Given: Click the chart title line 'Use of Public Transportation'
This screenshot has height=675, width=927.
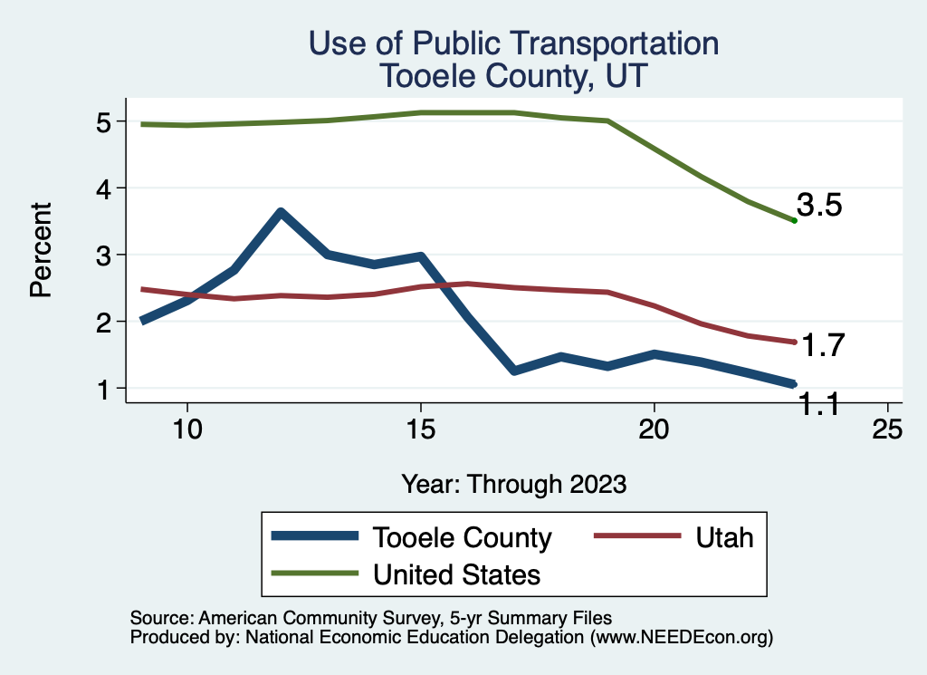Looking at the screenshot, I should point(514,43).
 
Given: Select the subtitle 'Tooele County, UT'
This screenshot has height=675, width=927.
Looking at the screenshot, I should point(514,74).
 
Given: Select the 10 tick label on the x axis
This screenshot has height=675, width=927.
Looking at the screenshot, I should point(186,429).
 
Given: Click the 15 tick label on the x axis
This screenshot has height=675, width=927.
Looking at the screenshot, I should point(420,429).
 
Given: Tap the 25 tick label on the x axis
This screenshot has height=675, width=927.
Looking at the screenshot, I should point(887,429).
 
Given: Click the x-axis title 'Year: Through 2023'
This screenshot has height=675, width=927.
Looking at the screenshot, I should point(514,484).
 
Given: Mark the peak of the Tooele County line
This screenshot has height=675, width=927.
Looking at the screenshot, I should point(281,213).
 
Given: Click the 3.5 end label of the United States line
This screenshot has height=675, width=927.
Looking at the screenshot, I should point(819,206).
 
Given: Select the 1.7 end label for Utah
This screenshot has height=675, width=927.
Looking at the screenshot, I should point(823,345).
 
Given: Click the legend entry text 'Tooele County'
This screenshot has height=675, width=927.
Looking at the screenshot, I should point(462,537).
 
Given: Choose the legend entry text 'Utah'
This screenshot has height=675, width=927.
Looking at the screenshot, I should point(724,537).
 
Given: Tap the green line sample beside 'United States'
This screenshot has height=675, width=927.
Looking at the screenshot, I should point(313,574).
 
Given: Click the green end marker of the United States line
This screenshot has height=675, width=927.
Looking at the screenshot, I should point(794,220).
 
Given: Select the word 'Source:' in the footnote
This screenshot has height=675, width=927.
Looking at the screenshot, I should point(158,618).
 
